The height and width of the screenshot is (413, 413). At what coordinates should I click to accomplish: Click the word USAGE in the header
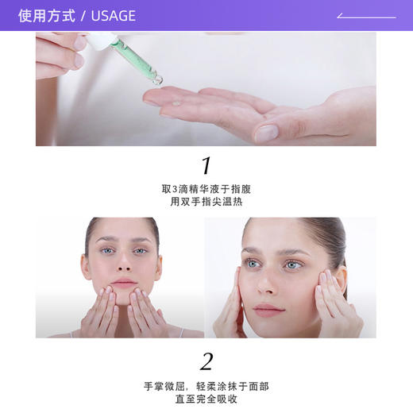point(114,16)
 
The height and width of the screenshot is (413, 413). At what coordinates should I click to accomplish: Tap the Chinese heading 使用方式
point(47,16)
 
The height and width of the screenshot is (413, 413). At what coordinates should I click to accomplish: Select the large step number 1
point(206,166)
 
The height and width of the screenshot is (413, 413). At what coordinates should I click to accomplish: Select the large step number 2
point(206,362)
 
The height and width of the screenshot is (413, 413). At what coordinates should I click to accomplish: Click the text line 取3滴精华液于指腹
point(206,189)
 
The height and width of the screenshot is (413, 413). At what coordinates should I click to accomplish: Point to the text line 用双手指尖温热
point(206,202)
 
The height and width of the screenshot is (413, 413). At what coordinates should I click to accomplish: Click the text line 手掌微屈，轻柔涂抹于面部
point(206,386)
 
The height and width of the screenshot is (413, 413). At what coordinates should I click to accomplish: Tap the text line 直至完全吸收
point(206,399)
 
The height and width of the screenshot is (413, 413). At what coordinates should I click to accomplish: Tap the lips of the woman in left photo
point(124,284)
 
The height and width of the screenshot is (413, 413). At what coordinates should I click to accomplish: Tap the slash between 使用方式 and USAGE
point(84,16)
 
